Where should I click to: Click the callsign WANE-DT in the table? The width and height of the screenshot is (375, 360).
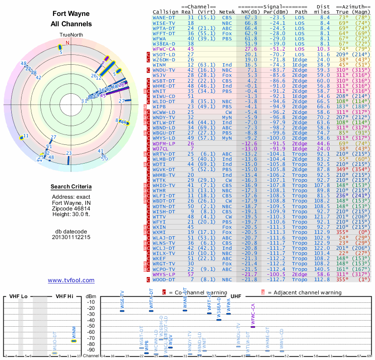tap(165, 17)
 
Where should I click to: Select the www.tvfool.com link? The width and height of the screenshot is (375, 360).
tap(71, 280)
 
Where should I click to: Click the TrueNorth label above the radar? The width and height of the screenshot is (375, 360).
tap(71, 35)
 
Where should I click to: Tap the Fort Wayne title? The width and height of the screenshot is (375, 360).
tap(71, 14)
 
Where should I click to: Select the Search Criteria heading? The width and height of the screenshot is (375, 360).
tap(71, 187)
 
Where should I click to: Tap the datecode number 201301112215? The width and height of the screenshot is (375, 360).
tap(71, 237)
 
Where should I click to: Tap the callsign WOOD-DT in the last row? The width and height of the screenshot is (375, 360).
tap(165, 279)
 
